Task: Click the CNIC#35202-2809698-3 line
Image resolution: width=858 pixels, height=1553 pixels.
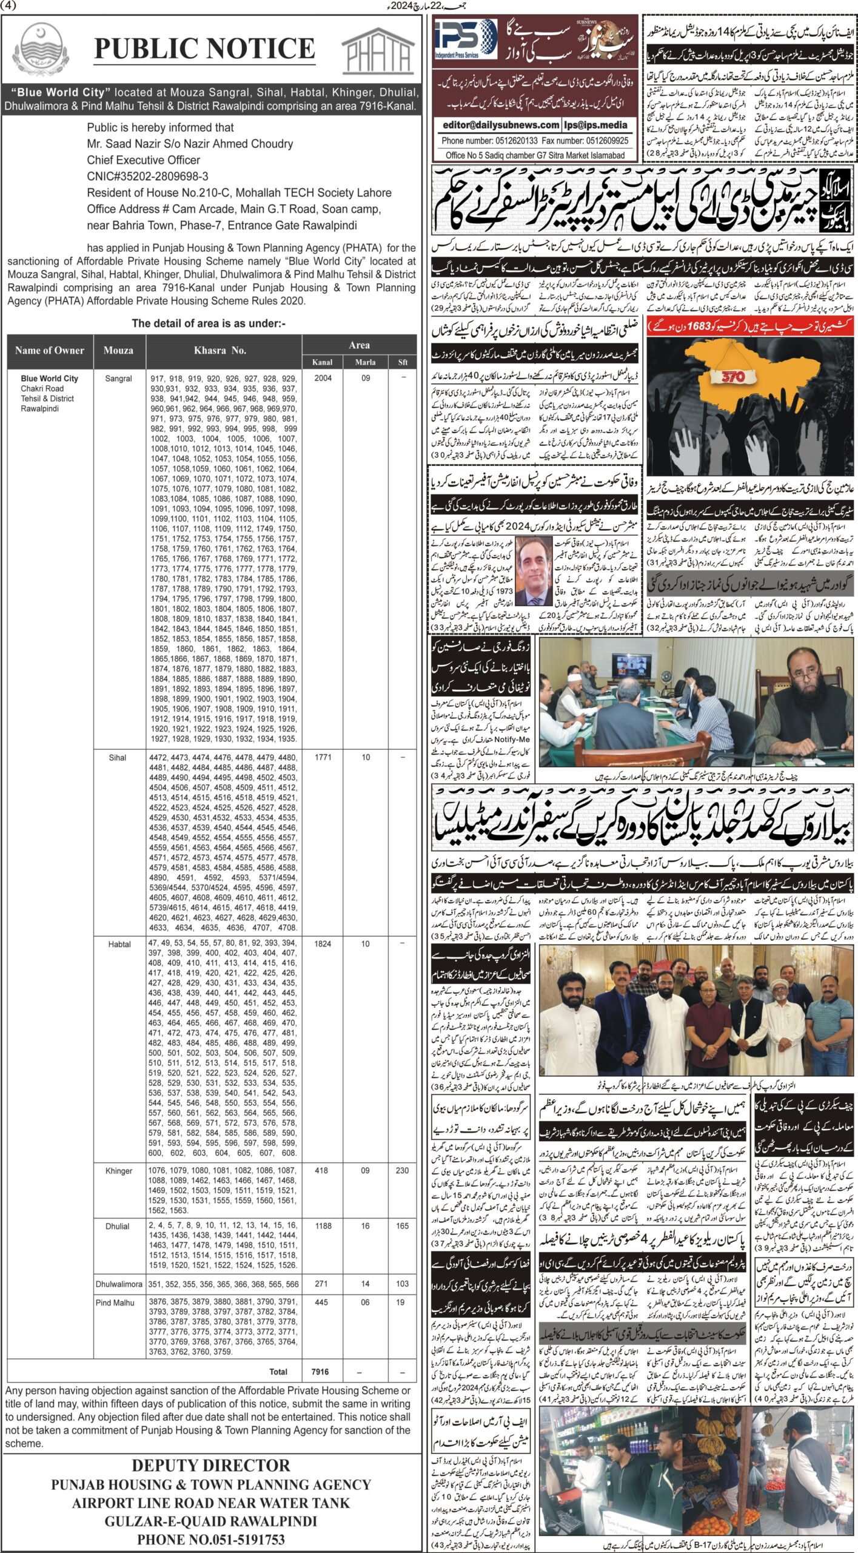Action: pos(147,177)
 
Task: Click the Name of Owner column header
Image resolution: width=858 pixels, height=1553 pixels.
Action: pos(50,350)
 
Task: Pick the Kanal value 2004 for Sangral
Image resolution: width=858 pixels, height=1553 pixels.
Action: pos(323,378)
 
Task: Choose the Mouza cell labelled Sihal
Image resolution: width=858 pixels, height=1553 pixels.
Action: pos(118,758)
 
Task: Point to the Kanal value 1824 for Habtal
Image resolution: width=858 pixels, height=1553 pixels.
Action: pos(323,944)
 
